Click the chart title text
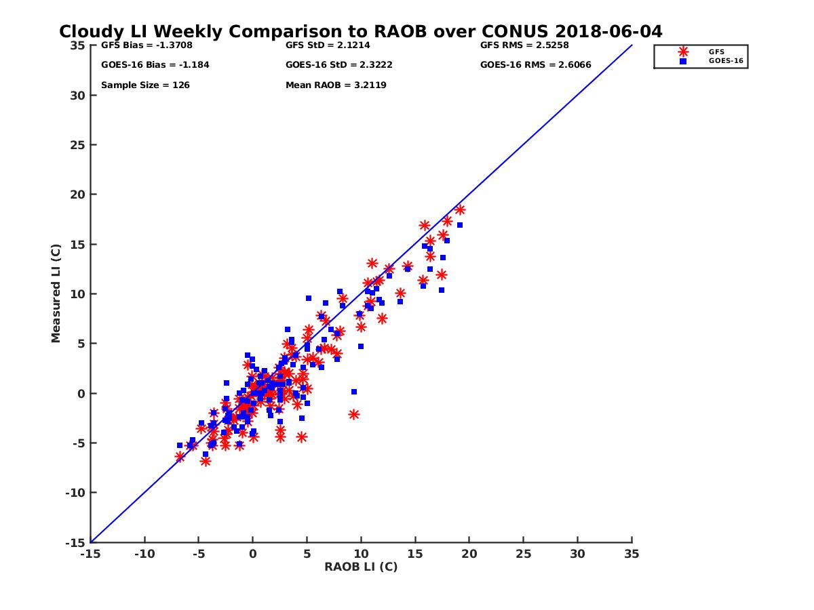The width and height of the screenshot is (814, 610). [360, 32]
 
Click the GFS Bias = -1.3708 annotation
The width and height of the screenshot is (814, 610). [142, 45]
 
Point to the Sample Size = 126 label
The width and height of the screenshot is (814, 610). [145, 85]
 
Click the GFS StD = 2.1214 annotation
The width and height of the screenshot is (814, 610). [328, 45]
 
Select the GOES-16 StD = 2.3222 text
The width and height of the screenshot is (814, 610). [339, 65]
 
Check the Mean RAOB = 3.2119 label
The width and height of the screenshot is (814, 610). [336, 85]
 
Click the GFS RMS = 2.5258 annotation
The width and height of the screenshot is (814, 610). [524, 45]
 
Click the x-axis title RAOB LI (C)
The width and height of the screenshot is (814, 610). [360, 567]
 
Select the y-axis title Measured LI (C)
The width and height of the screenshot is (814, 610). [56, 293]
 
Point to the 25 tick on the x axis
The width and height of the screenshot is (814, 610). [523, 554]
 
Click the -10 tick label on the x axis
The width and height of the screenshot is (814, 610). [144, 554]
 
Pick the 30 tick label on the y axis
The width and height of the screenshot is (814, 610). [79, 96]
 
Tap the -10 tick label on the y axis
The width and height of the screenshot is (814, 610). [76, 493]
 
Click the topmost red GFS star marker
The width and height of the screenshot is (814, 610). [460, 210]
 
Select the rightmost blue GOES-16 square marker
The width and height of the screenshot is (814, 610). [459, 225]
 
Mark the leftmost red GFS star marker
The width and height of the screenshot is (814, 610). [180, 457]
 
